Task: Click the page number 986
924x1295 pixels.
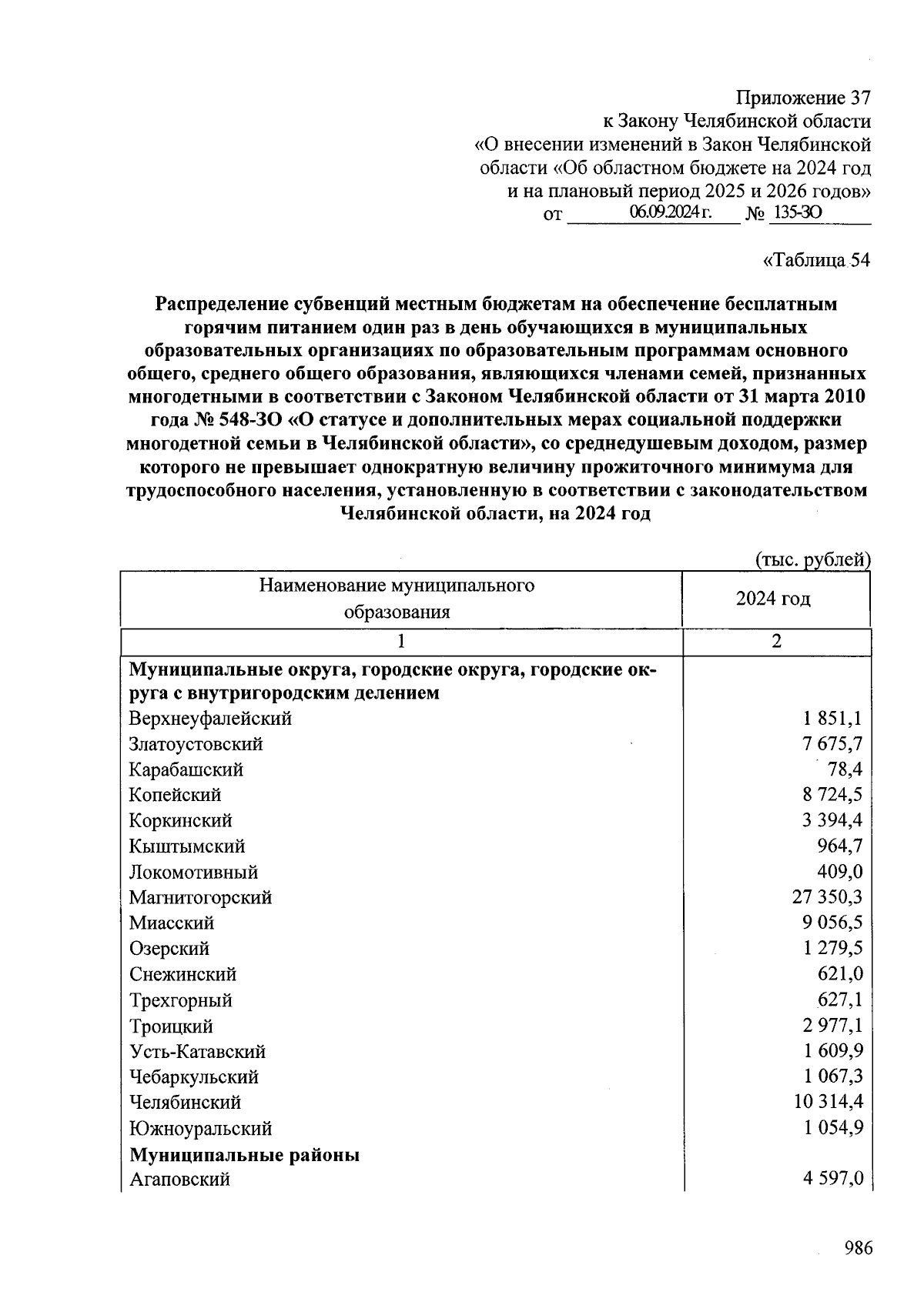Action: pos(857,1248)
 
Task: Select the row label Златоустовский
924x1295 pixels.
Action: pos(196,744)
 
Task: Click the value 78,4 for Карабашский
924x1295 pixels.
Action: pos(845,769)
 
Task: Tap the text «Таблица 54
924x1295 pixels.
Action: pos(815,260)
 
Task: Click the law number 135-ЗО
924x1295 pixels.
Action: pos(797,212)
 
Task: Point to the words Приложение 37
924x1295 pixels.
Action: pos(803,98)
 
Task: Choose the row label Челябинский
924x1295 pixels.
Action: pos(185,1102)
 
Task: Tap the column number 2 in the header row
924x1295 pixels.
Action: pos(776,642)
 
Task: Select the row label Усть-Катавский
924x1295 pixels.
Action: pos(197,1051)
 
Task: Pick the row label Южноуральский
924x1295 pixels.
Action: pos(200,1128)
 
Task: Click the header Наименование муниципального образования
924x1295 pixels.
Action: pos(397,599)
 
